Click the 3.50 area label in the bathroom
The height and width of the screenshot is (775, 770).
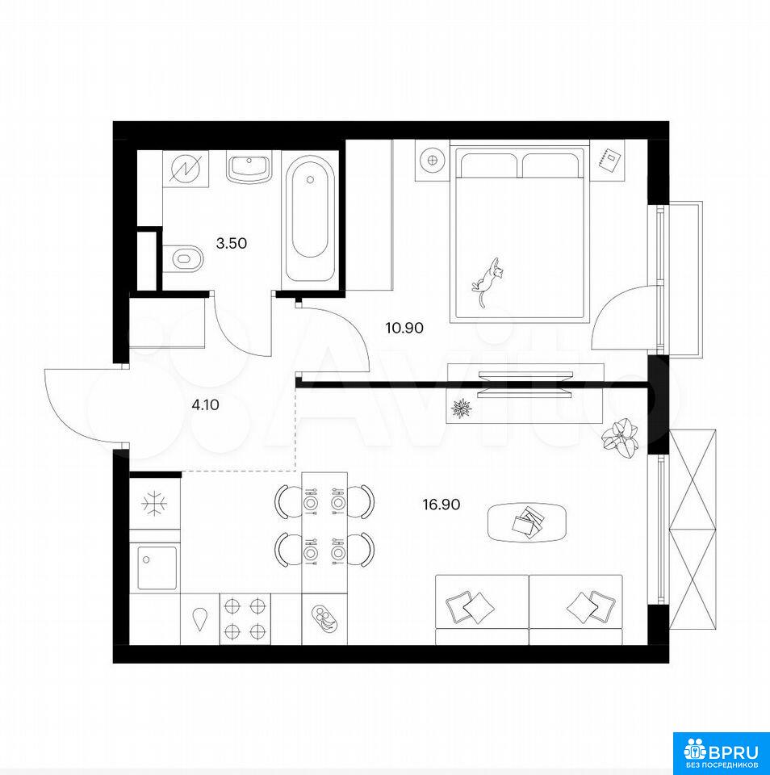tap(232, 243)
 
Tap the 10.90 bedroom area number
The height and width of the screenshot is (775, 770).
tap(404, 328)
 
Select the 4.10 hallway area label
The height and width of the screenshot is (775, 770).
tap(205, 405)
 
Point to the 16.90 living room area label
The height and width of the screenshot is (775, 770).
tap(441, 505)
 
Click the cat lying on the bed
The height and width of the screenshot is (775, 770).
tap(488, 281)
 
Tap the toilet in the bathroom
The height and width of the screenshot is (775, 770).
tap(183, 258)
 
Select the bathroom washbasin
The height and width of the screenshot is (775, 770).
tap(249, 167)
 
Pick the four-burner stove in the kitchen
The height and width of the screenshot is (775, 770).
tap(245, 618)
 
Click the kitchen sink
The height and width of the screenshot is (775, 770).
tap(157, 568)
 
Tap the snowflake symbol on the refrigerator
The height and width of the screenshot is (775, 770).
tap(154, 504)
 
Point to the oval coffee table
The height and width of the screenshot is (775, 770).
tap(527, 522)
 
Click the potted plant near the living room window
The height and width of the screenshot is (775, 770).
tap(620, 438)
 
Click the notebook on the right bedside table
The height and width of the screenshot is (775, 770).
tap(608, 160)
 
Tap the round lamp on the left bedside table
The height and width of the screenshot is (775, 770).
tap(433, 160)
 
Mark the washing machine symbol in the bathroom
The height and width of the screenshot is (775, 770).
tap(186, 168)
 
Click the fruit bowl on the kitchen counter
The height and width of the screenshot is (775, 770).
tap(324, 618)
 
